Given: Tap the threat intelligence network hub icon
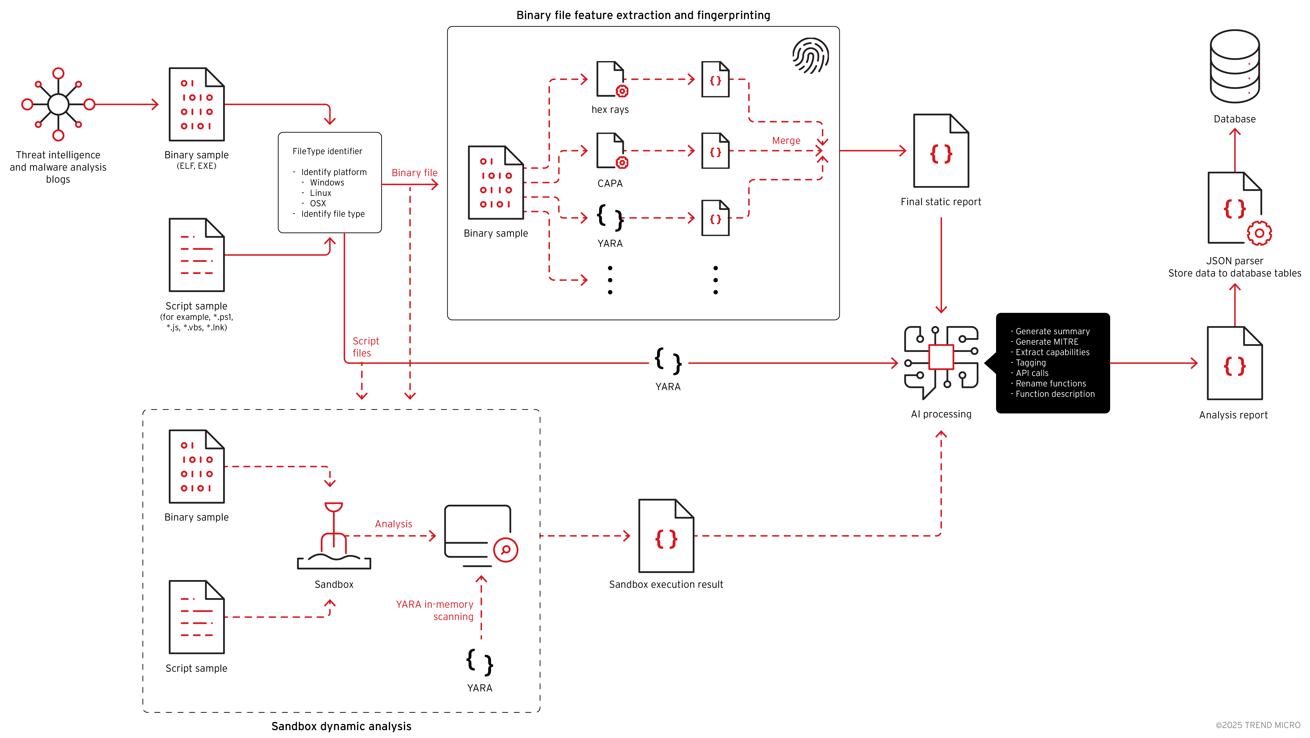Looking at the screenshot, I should coord(58,104).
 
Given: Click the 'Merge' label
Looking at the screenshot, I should coord(786,141).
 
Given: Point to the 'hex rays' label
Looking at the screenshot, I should coord(610,110).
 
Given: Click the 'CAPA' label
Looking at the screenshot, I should coord(610,184).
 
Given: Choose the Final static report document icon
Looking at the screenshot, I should coord(941,151).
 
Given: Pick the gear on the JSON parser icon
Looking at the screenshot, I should coord(1259,233).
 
